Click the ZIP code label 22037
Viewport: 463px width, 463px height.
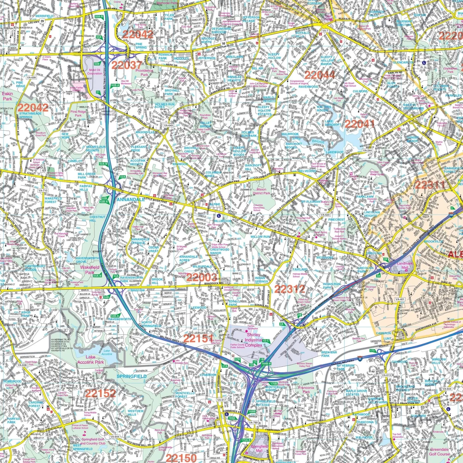click(127, 65)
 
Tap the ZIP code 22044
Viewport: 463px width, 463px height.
click(320, 75)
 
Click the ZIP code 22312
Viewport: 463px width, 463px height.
click(290, 289)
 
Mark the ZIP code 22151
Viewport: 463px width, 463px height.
click(198, 338)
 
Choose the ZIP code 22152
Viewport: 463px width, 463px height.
click(100, 393)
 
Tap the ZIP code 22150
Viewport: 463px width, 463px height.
click(181, 458)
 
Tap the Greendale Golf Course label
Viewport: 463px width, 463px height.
click(439, 452)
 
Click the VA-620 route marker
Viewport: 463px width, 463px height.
click(325, 215)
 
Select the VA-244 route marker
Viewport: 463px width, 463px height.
click(367, 151)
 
